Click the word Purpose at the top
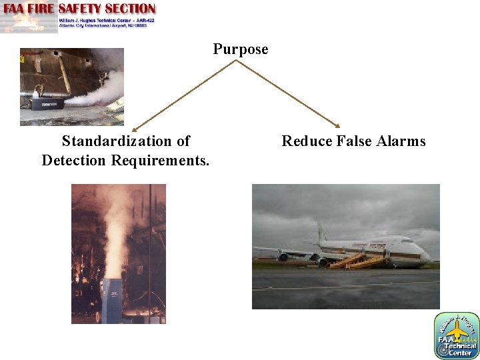241,49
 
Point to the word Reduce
303,141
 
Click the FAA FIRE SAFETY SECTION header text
80,9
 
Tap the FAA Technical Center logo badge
457,335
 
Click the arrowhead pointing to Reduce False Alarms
338,125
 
